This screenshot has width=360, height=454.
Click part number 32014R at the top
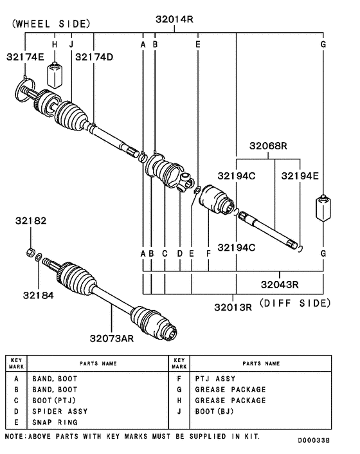[174, 19]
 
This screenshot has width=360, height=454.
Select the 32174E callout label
[25, 57]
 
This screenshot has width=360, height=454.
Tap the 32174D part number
[94, 57]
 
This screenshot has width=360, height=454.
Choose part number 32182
[31, 221]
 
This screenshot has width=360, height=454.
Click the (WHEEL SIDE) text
[48, 24]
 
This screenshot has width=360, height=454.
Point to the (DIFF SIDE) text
[294, 302]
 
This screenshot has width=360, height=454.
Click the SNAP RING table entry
[55, 422]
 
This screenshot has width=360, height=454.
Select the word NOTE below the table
[15, 436]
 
